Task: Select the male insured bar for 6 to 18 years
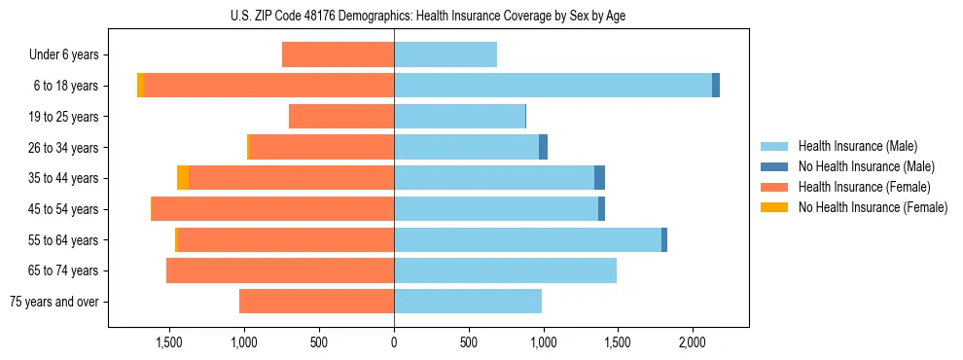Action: pyautogui.click(x=553, y=86)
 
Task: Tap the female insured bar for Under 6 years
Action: pyautogui.click(x=338, y=54)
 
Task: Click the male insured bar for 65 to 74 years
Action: pyautogui.click(x=505, y=270)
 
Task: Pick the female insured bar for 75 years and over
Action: pyautogui.click(x=316, y=302)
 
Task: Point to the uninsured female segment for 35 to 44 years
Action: pyautogui.click(x=183, y=178)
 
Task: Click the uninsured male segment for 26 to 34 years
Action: pyautogui.click(x=544, y=147)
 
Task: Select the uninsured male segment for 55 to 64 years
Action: pyautogui.click(x=664, y=239)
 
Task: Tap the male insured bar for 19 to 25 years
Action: pyautogui.click(x=459, y=117)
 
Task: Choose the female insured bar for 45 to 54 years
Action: pyautogui.click(x=272, y=209)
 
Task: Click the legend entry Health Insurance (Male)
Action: pyautogui.click(x=857, y=146)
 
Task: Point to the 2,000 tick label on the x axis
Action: pyautogui.click(x=692, y=343)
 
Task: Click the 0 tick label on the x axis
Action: pyautogui.click(x=394, y=343)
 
